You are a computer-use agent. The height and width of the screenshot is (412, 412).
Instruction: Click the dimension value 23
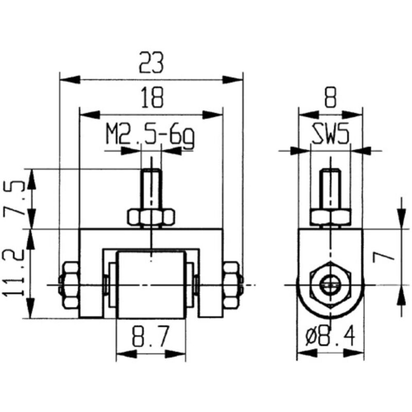(151, 63)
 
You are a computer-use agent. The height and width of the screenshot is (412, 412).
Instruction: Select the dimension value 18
(151, 96)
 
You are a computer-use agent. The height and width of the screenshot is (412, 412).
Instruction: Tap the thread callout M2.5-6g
(150, 135)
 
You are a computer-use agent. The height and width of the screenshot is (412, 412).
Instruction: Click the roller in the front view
(150, 283)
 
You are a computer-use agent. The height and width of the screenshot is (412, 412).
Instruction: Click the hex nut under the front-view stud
(150, 218)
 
